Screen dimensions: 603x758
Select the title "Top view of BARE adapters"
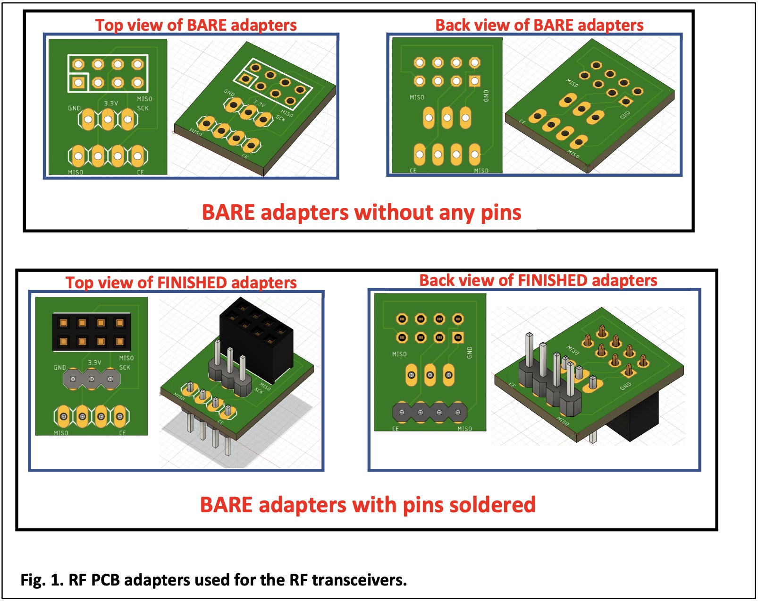pyautogui.click(x=196, y=25)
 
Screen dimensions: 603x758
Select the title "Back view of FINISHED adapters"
pyautogui.click(x=538, y=280)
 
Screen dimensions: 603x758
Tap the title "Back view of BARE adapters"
pyautogui.click(x=539, y=25)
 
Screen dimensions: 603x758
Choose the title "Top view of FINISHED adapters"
pyautogui.click(x=181, y=283)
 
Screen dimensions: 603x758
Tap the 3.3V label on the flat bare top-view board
pyautogui.click(x=111, y=103)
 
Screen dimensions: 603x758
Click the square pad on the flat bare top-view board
pyautogui.click(x=78, y=83)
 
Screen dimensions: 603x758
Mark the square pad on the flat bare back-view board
pyautogui.click(x=474, y=81)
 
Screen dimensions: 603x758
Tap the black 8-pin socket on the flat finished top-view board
pyautogui.click(x=92, y=332)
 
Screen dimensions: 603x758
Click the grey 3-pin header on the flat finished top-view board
pyautogui.click(x=92, y=379)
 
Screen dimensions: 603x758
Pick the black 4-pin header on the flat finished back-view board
pyautogui.click(x=430, y=412)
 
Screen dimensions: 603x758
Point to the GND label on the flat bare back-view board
pyautogui.click(x=486, y=95)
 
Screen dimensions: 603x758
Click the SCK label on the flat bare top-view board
pyautogui.click(x=143, y=108)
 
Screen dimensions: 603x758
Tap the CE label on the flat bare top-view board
pyautogui.click(x=140, y=172)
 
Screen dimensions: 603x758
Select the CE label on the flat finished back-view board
pyautogui.click(x=396, y=429)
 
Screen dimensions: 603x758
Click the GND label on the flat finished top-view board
pyautogui.click(x=60, y=367)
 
